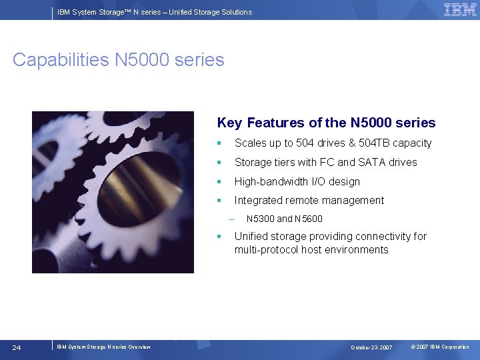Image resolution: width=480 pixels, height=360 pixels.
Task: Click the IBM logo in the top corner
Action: click(x=460, y=9)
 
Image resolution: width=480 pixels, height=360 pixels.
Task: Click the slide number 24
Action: click(x=17, y=347)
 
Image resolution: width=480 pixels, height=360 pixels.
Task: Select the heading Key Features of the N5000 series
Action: click(x=326, y=123)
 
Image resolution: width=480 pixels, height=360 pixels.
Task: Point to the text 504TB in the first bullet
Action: click(x=373, y=143)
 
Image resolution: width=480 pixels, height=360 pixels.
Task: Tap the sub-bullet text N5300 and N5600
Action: click(x=284, y=219)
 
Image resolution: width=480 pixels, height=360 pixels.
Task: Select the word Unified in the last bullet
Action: click(x=251, y=236)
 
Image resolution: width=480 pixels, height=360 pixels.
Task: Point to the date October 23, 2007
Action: click(x=371, y=347)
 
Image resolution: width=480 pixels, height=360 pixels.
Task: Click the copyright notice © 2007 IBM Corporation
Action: click(x=440, y=347)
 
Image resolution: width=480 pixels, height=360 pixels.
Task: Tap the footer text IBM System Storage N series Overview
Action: click(x=103, y=347)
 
